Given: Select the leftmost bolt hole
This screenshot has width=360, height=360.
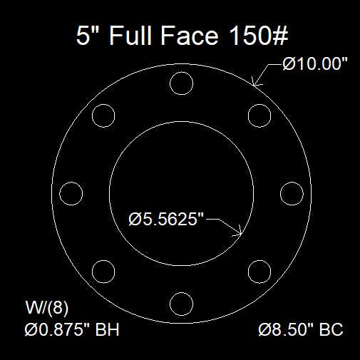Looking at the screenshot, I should coord(71,193).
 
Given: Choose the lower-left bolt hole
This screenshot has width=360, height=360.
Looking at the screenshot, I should coord(104,271).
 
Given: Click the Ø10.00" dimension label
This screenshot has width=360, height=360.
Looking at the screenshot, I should coord(314,64).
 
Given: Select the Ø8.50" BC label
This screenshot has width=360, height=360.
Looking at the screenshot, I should coord(301,330).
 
